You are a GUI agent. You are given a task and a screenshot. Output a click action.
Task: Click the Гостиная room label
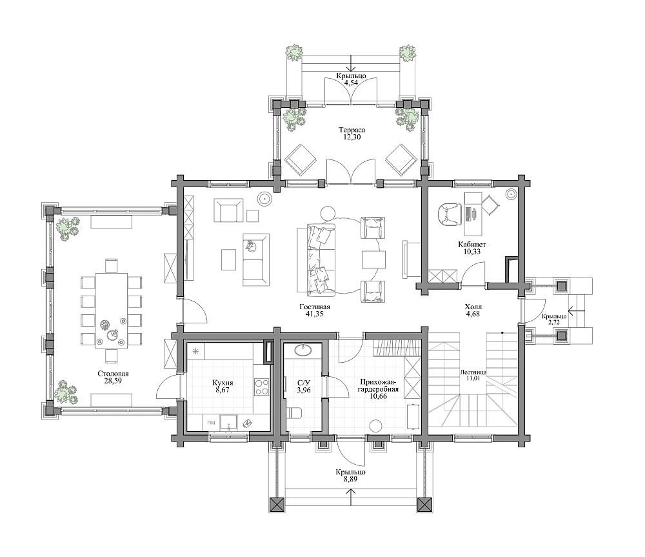coord(315,307)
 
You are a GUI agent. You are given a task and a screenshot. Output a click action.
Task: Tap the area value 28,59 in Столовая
coord(113,381)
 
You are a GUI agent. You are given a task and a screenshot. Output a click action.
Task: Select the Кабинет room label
coord(472,245)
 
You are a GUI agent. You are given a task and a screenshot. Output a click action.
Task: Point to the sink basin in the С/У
coord(304,350)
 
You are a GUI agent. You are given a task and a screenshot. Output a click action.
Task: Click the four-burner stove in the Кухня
coord(262,387)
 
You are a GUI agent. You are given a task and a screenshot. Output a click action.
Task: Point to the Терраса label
coord(352,130)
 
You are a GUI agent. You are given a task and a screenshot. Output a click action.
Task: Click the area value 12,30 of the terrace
coord(352,137)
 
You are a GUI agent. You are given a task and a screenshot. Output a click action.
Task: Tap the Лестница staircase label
coord(473,372)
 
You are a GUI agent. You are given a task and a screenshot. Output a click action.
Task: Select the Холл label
coord(473,307)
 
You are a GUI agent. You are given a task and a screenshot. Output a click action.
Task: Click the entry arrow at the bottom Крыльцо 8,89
coord(352,496)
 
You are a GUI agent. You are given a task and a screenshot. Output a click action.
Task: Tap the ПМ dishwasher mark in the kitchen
coord(212,423)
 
